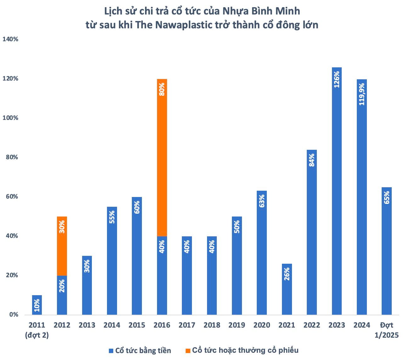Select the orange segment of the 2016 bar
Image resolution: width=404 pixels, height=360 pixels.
[162, 157]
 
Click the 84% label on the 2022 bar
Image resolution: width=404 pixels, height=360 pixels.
[312, 160]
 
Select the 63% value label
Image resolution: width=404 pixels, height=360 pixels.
[262, 201]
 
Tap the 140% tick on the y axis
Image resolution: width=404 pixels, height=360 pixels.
[10, 39]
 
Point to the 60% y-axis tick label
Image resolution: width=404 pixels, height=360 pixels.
[12, 197]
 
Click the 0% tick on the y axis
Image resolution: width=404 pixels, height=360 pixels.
[14, 315]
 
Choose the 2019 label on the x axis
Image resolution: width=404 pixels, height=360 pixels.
[237, 325]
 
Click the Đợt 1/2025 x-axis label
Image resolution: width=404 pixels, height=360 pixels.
[386, 330]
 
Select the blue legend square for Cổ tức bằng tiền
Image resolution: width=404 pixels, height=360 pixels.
[111, 351]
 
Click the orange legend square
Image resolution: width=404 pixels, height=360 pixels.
[188, 351]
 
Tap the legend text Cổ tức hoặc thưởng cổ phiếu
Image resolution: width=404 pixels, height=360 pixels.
[245, 350]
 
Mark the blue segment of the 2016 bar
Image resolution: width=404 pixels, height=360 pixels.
[162, 275]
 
